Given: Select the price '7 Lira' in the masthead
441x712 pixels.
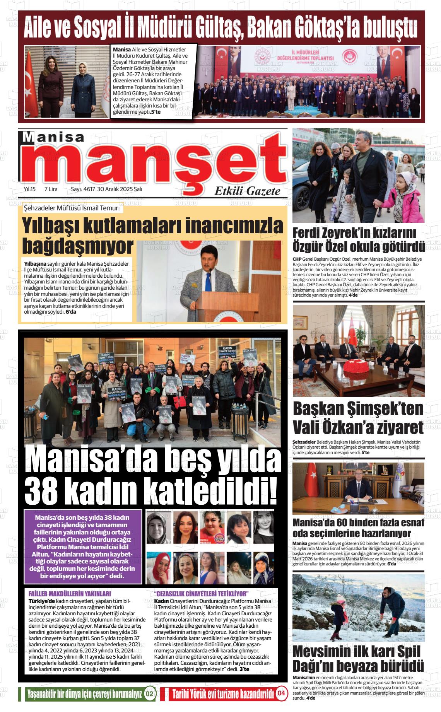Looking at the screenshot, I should (51, 189).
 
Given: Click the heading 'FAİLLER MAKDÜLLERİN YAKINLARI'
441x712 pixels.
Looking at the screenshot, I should (70, 594).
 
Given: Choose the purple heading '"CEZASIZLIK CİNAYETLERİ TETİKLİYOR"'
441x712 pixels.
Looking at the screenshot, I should (201, 594).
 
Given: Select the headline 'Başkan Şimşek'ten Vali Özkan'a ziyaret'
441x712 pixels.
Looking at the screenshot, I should (358, 418).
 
